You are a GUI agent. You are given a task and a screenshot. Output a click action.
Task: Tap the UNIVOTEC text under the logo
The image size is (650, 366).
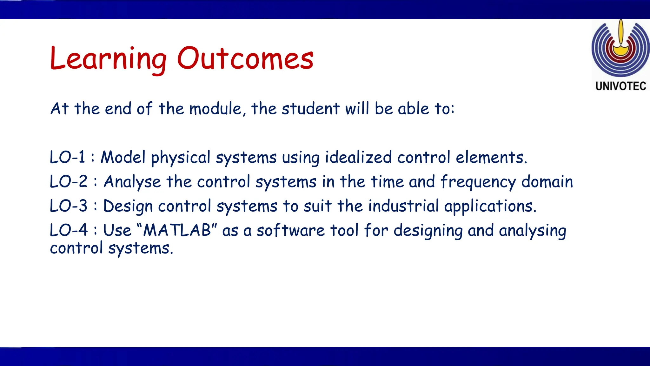[x=621, y=86]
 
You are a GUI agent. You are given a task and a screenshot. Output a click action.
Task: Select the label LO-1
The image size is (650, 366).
[x=68, y=157]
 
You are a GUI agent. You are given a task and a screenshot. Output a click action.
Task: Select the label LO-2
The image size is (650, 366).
[x=69, y=182]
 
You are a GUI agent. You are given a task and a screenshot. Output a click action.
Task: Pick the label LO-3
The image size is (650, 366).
[x=69, y=206]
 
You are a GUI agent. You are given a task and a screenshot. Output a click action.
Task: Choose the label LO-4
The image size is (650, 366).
[x=69, y=230]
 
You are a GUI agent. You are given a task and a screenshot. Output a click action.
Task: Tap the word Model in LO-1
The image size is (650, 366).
[x=123, y=157]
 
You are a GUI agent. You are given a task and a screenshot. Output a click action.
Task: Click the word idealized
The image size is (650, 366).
[x=358, y=157]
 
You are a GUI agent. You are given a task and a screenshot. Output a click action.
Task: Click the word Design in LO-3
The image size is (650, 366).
[x=128, y=207]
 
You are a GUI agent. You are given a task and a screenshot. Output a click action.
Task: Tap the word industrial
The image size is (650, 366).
[x=403, y=206]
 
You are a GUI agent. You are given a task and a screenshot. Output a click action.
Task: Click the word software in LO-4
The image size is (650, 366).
[x=290, y=230]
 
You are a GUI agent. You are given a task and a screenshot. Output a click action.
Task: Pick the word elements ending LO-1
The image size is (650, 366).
[x=491, y=157]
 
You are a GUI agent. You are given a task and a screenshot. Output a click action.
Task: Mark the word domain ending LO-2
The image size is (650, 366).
[x=547, y=182]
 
